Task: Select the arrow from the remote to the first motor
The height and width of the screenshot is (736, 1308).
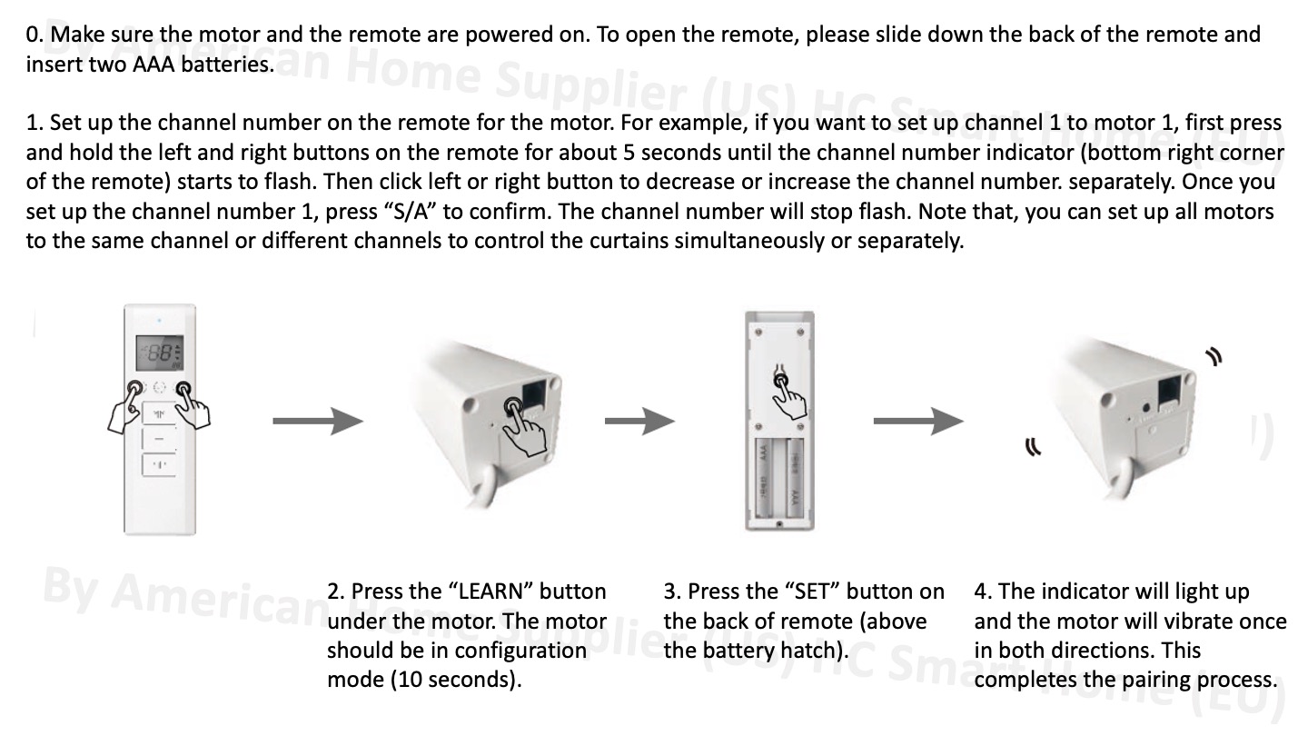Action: pos(318,421)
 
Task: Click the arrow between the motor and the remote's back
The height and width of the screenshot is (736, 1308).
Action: pos(639,421)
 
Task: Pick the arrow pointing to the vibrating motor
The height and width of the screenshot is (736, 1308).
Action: pos(917,421)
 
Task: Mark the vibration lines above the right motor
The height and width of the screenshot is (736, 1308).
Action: pos(1211,357)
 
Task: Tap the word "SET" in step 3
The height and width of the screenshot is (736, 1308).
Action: pos(813,592)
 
